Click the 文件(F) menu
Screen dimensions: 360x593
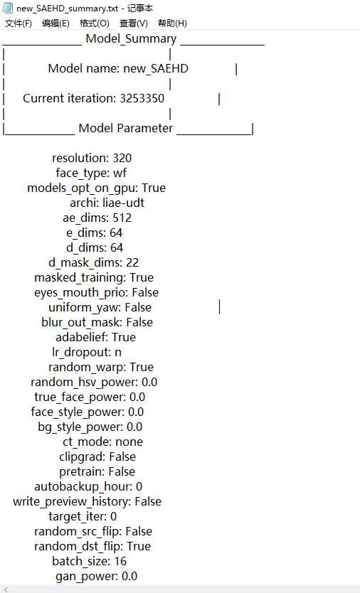pos(18,23)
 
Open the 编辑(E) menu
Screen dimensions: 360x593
pos(55,23)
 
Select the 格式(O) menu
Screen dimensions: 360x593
pos(95,23)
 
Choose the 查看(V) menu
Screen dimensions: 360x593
pos(134,23)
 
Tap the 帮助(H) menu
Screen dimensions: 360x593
pos(173,23)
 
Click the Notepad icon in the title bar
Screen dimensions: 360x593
pos(7,8)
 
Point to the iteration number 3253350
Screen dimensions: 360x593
pos(142,98)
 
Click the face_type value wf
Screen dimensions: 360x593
pos(120,173)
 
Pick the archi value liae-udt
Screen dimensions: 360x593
pos(123,203)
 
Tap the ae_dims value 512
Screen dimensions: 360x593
pos(122,218)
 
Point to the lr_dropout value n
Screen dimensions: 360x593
pos(118,353)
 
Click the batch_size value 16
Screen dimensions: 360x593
pos(120,561)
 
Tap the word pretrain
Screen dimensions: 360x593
pos(81,472)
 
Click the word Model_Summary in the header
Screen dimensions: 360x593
pos(132,39)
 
